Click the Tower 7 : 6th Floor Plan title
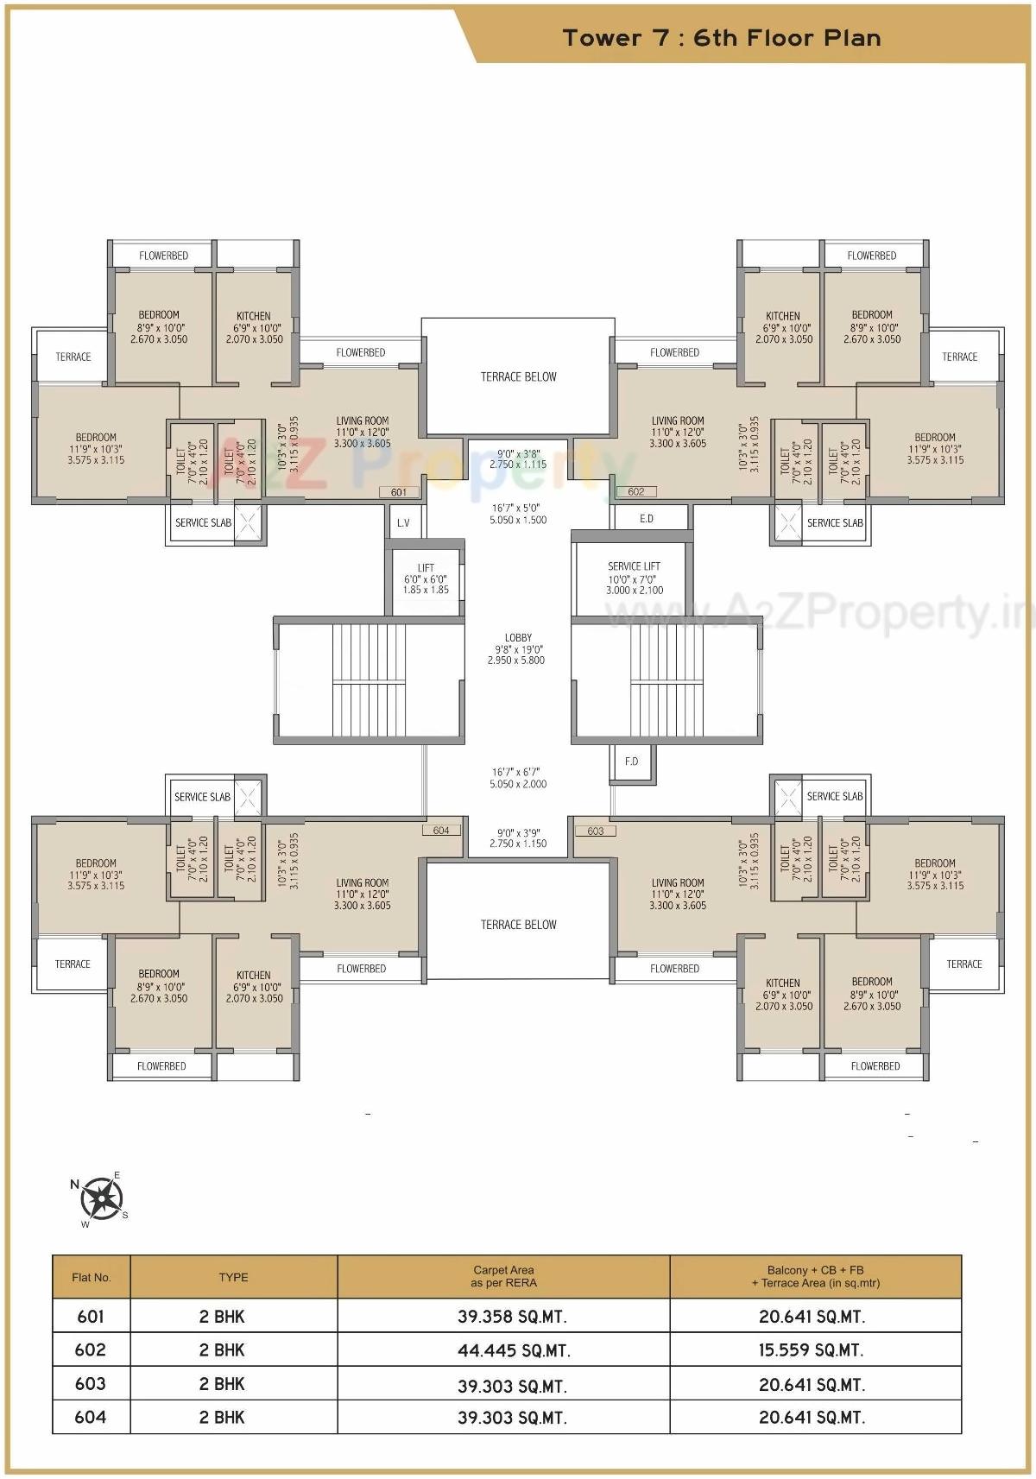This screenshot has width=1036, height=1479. point(722,38)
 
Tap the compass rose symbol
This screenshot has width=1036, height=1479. point(102,1198)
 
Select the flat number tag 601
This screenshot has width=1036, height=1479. point(399,492)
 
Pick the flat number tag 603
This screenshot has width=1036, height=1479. point(596,831)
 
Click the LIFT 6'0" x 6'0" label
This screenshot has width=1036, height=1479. point(426,579)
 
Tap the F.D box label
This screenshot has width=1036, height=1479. point(632,761)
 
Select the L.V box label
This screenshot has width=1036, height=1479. point(403,523)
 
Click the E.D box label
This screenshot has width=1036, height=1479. point(647,519)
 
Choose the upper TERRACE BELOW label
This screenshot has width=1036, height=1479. point(518,376)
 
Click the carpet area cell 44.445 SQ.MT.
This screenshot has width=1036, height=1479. point(513,1350)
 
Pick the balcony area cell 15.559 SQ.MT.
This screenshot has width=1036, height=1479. point(812,1350)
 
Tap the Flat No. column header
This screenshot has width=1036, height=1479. point(92,1277)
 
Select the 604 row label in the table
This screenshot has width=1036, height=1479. point(91,1417)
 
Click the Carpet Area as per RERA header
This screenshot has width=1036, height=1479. point(503,1276)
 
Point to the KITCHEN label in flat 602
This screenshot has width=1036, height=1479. point(783,327)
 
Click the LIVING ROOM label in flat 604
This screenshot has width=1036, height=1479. point(363,894)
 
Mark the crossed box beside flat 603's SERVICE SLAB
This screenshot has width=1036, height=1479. point(786,796)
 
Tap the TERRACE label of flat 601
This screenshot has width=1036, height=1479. point(73,357)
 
